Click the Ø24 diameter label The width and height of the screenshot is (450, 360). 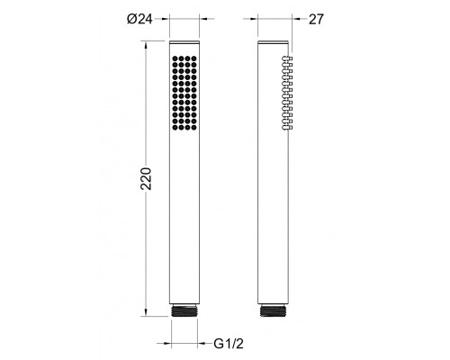click(139, 19)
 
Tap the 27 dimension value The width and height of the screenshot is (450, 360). click(316, 20)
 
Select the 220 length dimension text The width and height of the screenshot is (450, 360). click(147, 178)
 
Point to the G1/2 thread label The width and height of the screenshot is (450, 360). click(229, 344)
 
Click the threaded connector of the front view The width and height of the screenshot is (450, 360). click(184, 311)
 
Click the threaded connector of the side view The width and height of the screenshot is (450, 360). click(273, 311)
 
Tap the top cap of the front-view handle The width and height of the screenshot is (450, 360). click(184, 42)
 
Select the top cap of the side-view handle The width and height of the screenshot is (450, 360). click(273, 42)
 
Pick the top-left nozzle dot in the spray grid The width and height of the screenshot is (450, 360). click(175, 58)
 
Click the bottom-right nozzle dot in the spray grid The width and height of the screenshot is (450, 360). click(194, 128)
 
